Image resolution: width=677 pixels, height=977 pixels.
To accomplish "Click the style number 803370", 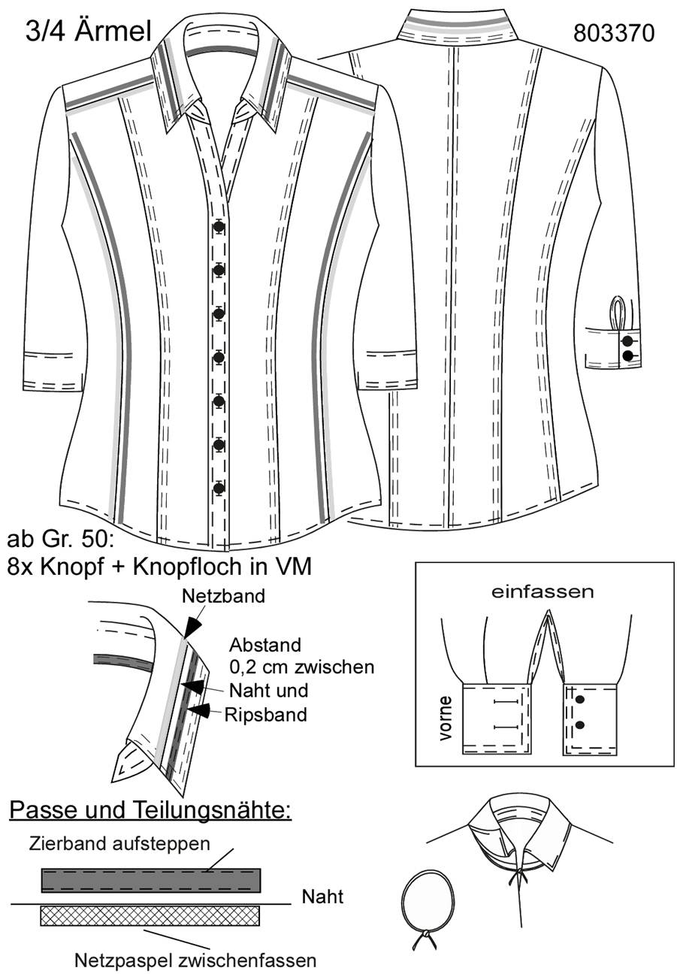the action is pyautogui.click(x=614, y=33).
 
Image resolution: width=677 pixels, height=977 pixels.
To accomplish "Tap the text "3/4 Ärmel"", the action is pyautogui.click(x=89, y=32).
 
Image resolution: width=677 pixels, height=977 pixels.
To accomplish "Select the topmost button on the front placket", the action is pyautogui.click(x=219, y=227).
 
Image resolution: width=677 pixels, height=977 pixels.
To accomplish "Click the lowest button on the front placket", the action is pyautogui.click(x=219, y=488).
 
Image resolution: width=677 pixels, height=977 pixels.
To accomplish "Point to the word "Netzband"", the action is pyautogui.click(x=223, y=596).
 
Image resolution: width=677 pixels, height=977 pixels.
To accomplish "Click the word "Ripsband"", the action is pyautogui.click(x=266, y=715).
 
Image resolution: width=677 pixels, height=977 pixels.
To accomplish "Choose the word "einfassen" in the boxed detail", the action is pyautogui.click(x=543, y=592).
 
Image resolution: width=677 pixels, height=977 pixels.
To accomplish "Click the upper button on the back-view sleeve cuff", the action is pyautogui.click(x=627, y=340).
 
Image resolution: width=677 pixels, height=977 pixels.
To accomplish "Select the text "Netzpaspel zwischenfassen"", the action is pyautogui.click(x=195, y=960).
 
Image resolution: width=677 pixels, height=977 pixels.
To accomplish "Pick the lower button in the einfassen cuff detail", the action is pyautogui.click(x=580, y=725).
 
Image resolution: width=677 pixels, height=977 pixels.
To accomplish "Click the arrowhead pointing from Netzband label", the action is pyautogui.click(x=192, y=628).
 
